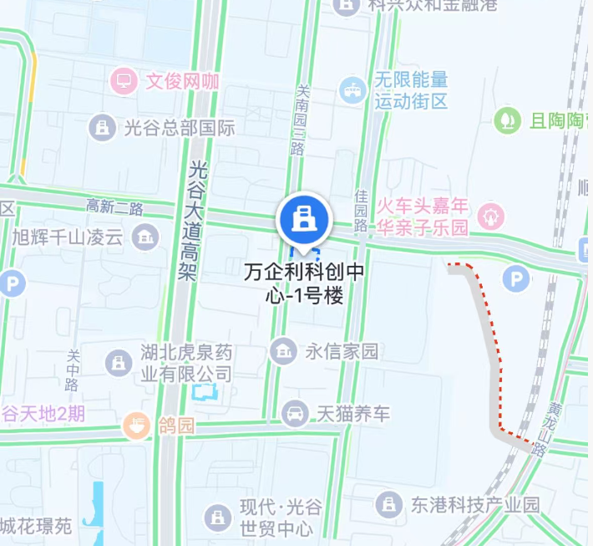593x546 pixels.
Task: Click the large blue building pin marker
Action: [305, 220]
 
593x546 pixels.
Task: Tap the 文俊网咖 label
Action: [182, 82]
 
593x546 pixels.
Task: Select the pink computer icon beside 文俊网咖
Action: [124, 82]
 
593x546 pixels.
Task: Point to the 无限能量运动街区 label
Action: [411, 91]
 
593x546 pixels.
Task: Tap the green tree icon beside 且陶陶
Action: [506, 120]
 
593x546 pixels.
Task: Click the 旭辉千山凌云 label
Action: [67, 237]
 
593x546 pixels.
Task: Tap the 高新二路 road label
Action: [115, 207]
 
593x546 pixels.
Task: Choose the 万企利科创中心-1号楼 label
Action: [304, 284]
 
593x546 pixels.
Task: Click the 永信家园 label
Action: [341, 351]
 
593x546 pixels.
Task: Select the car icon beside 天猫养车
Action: [294, 412]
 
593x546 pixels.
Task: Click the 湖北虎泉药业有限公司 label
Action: [185, 365]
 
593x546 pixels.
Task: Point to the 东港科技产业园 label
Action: [474, 504]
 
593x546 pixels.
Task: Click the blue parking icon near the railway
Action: [517, 278]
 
